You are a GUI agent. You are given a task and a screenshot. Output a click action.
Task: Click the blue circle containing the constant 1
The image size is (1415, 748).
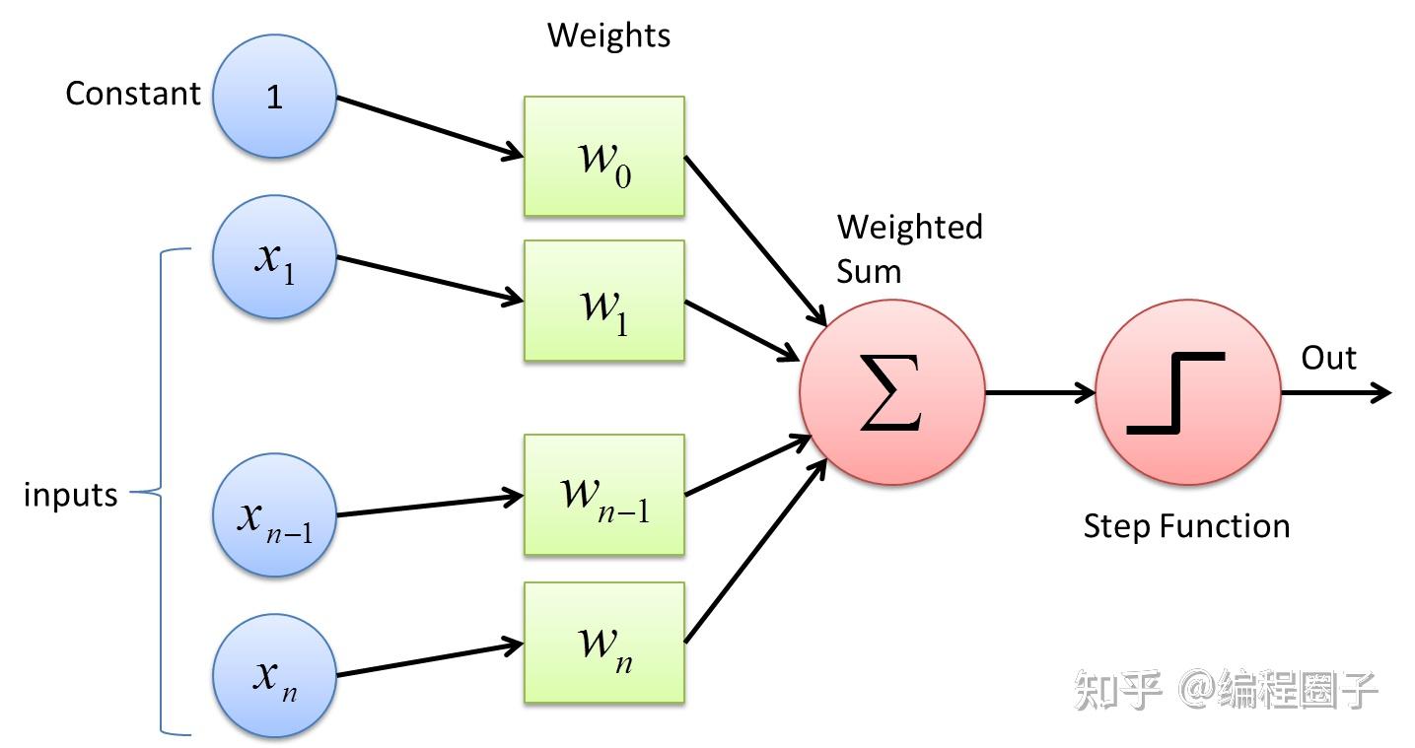(274, 96)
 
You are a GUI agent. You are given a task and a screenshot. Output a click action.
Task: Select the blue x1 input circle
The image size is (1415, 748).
(274, 256)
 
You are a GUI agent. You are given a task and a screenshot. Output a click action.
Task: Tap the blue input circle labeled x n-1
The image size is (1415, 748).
(274, 515)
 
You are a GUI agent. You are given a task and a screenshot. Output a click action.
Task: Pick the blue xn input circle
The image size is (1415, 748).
(274, 676)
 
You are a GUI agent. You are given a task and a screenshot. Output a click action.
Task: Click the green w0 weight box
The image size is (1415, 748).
(604, 156)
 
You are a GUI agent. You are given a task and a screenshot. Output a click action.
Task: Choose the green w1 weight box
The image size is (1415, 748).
(604, 301)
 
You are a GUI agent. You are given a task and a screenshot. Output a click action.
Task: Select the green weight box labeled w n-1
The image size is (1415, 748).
(604, 495)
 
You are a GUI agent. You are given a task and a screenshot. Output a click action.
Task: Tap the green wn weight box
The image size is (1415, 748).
(604, 643)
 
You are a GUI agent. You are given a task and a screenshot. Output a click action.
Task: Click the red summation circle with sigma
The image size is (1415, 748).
(892, 392)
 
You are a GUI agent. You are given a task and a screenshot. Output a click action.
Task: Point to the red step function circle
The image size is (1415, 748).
(1188, 392)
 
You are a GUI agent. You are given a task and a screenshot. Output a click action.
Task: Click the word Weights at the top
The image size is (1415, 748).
(609, 34)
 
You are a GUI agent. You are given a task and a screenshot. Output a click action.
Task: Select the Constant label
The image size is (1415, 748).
(133, 94)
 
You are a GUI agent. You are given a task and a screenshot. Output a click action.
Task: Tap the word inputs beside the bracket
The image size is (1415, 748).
(71, 495)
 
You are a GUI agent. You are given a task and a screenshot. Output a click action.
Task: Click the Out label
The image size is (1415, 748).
(1328, 358)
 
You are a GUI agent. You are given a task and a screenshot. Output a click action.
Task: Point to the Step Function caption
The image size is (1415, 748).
(1186, 526)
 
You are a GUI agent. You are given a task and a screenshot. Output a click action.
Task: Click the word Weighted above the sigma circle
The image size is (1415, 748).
(909, 228)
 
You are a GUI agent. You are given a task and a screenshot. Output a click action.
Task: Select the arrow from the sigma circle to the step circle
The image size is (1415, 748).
(1040, 392)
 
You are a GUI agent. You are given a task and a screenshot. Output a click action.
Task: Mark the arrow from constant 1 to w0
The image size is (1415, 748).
(430, 126)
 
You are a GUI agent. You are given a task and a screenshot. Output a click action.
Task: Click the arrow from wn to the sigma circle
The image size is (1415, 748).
(756, 551)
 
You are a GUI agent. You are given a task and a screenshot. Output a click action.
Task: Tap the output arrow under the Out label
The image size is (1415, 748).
(1336, 392)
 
